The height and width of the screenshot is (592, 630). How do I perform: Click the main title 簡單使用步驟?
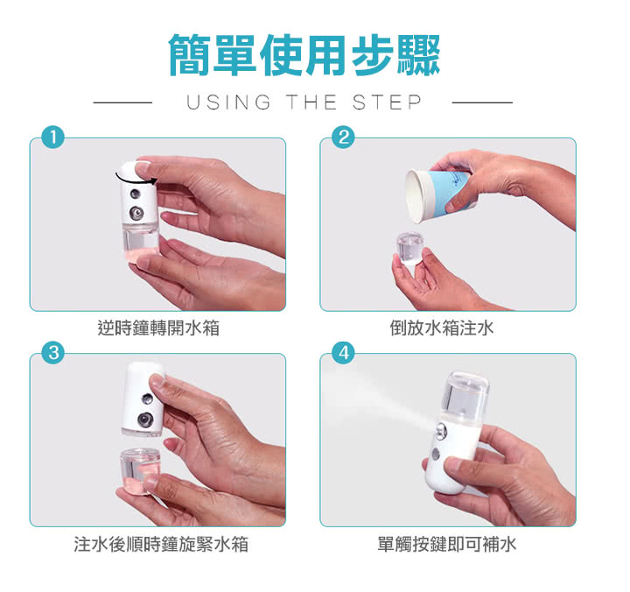click(x=304, y=54)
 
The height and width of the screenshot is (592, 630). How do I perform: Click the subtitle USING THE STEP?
click(x=304, y=102)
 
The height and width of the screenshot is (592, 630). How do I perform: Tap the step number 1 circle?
click(x=53, y=137)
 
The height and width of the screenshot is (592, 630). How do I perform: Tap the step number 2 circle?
click(x=343, y=137)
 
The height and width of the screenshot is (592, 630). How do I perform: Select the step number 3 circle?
click(x=53, y=353)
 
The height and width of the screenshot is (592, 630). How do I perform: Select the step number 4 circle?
click(x=343, y=353)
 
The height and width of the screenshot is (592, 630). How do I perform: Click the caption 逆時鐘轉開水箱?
click(x=158, y=328)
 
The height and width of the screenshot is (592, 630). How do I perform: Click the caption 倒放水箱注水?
click(x=442, y=328)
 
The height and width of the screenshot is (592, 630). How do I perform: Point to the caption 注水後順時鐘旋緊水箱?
click(x=161, y=544)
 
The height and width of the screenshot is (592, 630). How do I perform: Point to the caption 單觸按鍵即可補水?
click(x=447, y=544)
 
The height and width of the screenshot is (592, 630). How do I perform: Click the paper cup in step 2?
click(x=437, y=196)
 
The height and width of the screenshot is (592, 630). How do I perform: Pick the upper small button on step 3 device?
click(x=147, y=399)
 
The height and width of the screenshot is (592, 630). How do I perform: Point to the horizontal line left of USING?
click(x=122, y=102)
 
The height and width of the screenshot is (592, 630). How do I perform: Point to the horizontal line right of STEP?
click(x=482, y=102)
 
